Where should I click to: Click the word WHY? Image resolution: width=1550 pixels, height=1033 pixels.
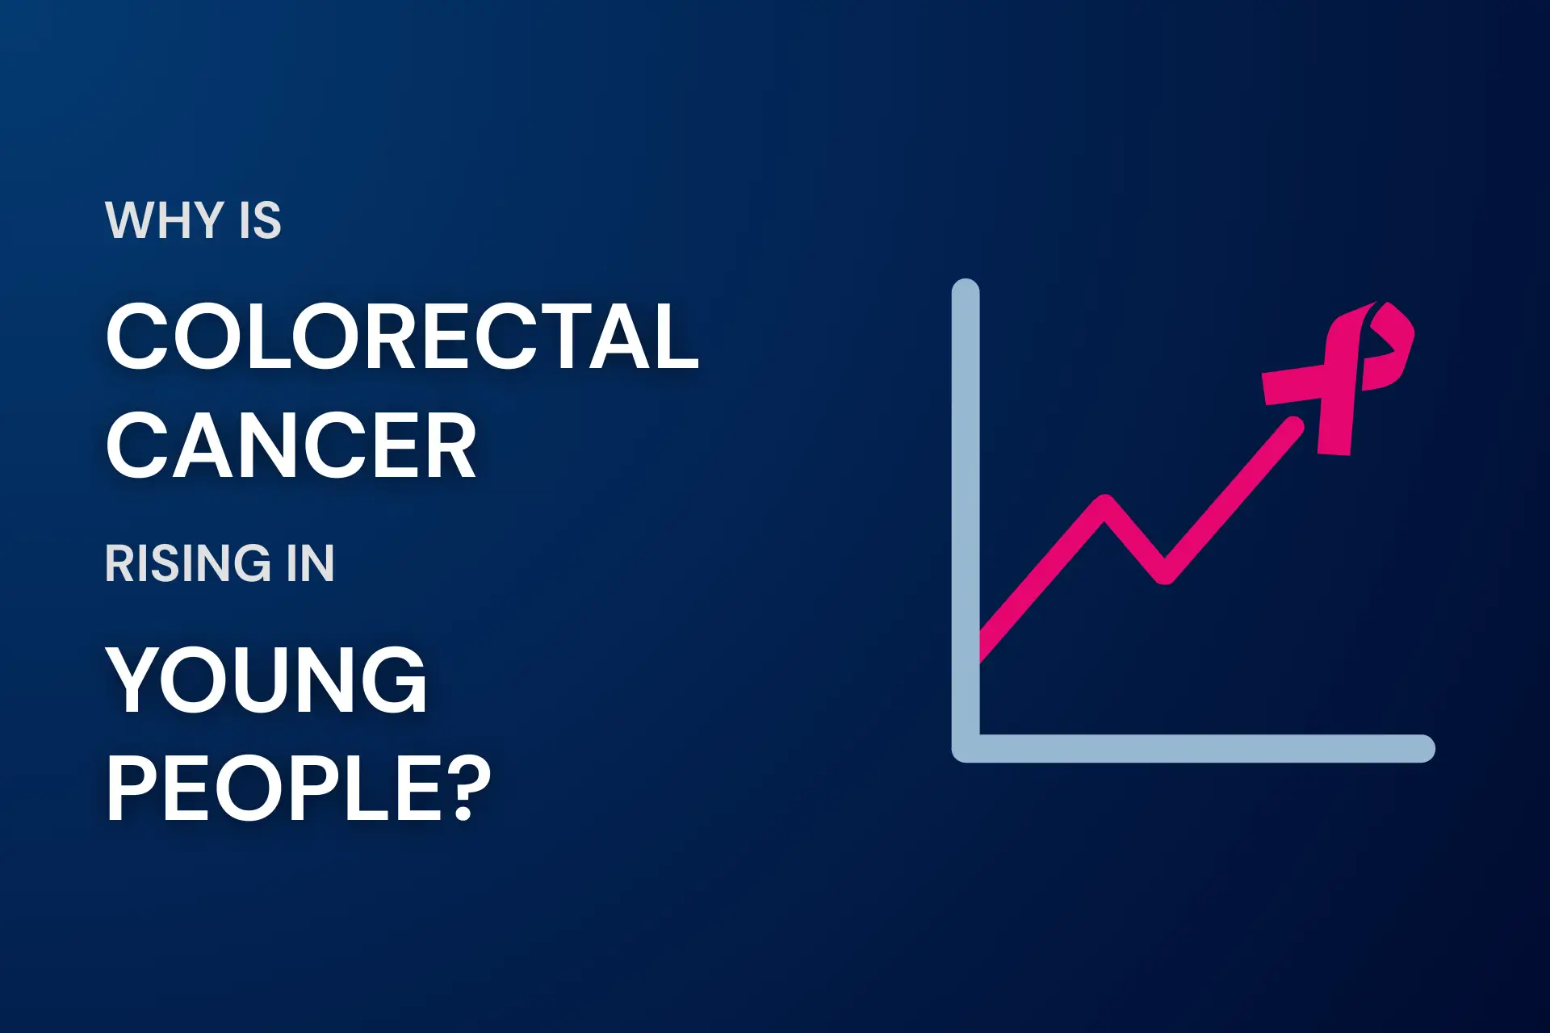tap(165, 220)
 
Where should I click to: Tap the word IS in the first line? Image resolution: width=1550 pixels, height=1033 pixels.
tap(260, 220)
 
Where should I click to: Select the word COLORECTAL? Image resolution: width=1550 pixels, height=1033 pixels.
tap(402, 337)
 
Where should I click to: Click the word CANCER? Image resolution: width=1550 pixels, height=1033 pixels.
tap(291, 445)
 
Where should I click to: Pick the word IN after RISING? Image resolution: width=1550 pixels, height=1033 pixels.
tap(310, 563)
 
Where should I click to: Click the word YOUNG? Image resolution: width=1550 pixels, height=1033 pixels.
tap(266, 680)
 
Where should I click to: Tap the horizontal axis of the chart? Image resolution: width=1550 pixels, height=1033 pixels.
tap(1193, 748)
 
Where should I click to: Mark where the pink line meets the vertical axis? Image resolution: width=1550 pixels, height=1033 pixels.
tap(980, 646)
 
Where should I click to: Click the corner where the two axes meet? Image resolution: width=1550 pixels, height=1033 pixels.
tap(966, 748)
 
